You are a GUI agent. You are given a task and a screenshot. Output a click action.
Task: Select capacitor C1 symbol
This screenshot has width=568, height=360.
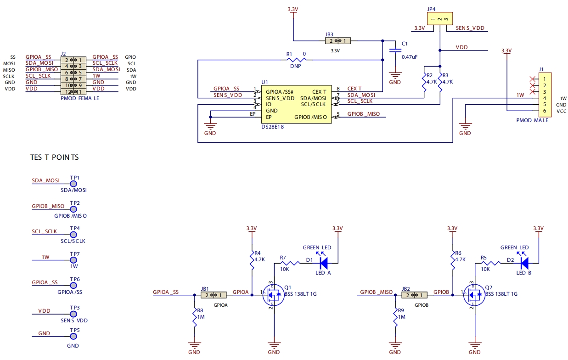tap(394, 50)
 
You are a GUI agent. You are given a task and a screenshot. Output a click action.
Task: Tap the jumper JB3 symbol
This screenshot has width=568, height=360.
tap(337, 41)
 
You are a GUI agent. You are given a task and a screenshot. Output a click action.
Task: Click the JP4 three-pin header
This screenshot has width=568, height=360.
tap(440, 19)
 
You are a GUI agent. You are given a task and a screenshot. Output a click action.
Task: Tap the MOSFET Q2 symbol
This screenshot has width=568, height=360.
tap(474, 295)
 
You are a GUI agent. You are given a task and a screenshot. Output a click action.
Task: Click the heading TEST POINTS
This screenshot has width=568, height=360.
tap(54, 157)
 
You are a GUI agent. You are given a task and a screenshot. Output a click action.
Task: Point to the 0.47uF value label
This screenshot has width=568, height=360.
tap(409, 57)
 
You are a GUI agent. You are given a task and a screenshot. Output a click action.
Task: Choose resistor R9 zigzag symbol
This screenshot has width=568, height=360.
tap(395, 317)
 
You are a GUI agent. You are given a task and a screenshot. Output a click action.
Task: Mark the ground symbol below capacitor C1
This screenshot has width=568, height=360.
tap(394, 74)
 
